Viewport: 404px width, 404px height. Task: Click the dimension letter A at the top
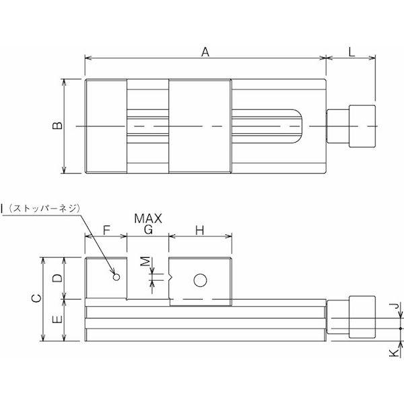[x=205, y=52]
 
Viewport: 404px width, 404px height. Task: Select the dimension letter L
[x=351, y=52]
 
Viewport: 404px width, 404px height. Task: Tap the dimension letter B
[x=57, y=125]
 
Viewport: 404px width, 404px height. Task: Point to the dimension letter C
[x=36, y=298]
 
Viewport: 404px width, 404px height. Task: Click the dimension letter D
[x=57, y=277]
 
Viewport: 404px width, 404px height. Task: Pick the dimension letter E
[x=57, y=319]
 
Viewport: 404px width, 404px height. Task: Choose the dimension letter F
[x=106, y=230]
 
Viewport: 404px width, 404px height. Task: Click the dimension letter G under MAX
[x=148, y=230]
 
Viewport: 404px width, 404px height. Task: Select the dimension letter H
[x=200, y=230]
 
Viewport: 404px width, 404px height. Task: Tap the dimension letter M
[x=146, y=261]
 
